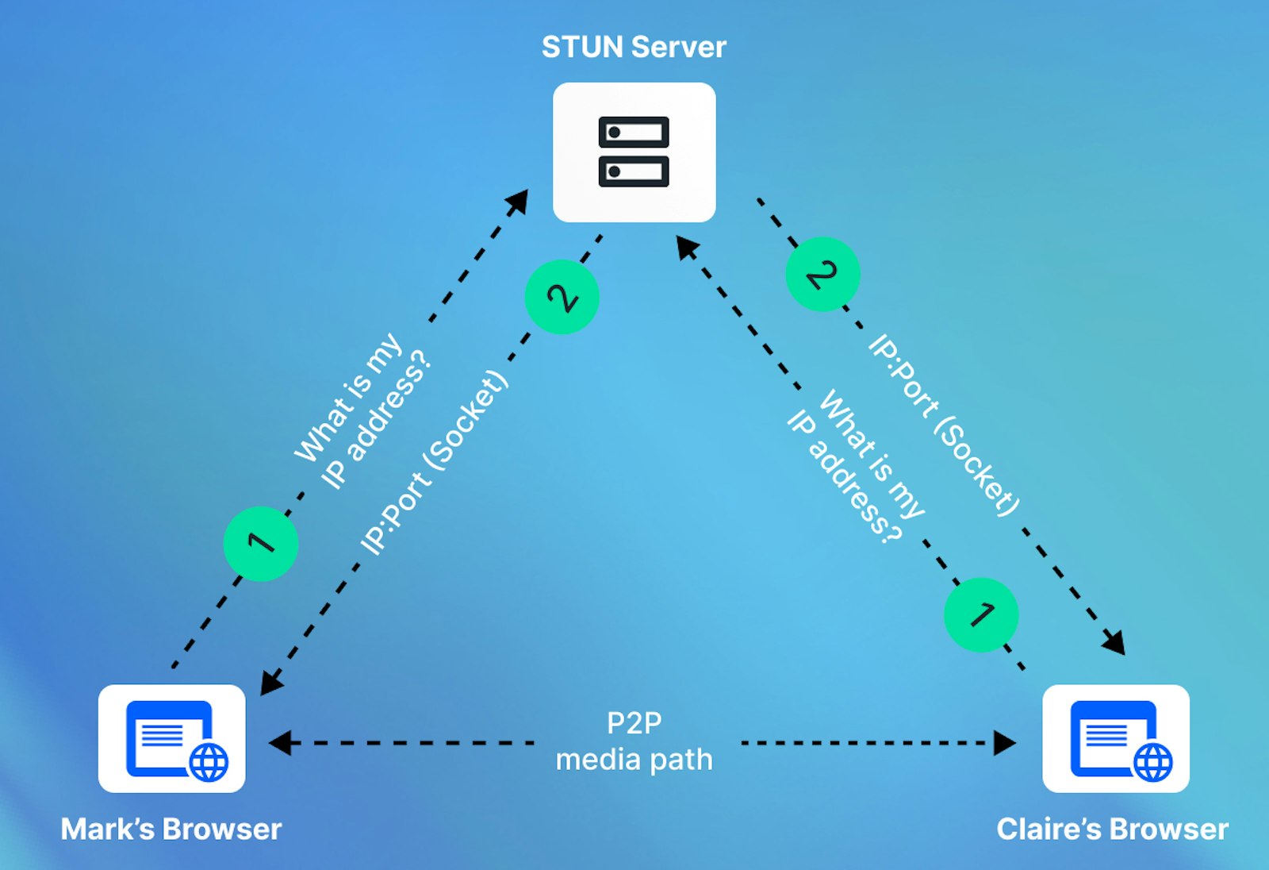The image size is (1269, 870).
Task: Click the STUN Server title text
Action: (634, 47)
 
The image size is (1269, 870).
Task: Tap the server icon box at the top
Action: (634, 152)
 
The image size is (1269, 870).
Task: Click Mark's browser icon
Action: (171, 738)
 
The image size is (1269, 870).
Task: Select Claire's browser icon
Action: (1115, 738)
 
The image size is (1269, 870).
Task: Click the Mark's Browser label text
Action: (171, 829)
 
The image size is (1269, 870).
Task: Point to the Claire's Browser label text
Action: (1112, 829)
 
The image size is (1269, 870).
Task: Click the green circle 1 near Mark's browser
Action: (261, 544)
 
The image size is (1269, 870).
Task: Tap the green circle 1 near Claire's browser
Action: (981, 614)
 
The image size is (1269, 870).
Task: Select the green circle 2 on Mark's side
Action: (562, 297)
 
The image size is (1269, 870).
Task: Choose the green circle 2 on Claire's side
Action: (822, 274)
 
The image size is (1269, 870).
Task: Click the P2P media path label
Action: (634, 741)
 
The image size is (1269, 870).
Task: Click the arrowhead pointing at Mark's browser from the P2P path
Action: (279, 743)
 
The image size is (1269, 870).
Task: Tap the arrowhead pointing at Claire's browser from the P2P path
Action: (1005, 743)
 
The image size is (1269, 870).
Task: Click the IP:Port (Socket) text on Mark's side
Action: (434, 462)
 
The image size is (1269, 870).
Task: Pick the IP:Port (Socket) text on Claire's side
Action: (944, 425)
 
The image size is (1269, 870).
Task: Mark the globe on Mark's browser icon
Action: (209, 762)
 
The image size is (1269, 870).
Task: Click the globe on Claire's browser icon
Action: (1152, 762)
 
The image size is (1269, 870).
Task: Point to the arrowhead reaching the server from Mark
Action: (519, 199)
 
